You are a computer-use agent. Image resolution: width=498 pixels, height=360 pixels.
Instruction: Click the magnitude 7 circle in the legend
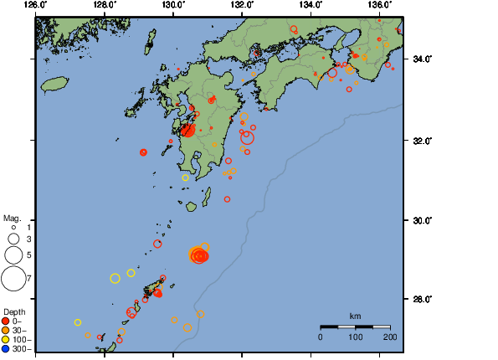tap(13, 277)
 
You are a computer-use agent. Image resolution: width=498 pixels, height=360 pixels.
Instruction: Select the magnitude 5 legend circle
tap(13, 255)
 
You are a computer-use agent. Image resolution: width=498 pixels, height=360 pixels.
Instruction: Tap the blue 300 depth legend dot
tap(6, 348)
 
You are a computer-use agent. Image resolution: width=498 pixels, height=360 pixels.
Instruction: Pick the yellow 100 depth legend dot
tap(6, 339)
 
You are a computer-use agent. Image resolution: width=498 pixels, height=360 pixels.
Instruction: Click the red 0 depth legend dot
tap(6, 321)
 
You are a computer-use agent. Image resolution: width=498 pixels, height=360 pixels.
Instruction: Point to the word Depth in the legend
tap(13, 311)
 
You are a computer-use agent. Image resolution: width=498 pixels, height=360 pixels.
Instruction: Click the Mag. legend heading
tap(13, 216)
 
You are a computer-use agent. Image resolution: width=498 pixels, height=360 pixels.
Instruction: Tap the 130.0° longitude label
tap(173, 5)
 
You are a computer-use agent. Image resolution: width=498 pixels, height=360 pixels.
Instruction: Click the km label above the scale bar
tap(355, 316)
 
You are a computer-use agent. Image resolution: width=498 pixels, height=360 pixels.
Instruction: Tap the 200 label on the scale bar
tap(389, 337)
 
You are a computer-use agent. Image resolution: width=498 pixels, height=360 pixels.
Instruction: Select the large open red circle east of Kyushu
tap(247, 138)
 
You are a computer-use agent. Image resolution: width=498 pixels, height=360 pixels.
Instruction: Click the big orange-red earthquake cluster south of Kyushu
tap(199, 255)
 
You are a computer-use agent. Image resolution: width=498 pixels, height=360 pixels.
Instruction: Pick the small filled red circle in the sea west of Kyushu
tap(144, 152)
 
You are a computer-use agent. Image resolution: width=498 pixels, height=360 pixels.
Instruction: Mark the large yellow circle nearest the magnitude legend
tap(116, 278)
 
